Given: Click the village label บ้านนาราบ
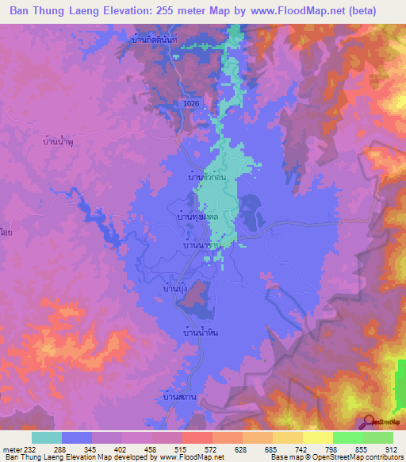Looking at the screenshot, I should [201, 246].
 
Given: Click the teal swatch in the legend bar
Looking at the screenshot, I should [47, 437].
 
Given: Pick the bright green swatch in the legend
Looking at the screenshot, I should [348, 437].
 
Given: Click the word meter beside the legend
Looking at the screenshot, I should [11, 451].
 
